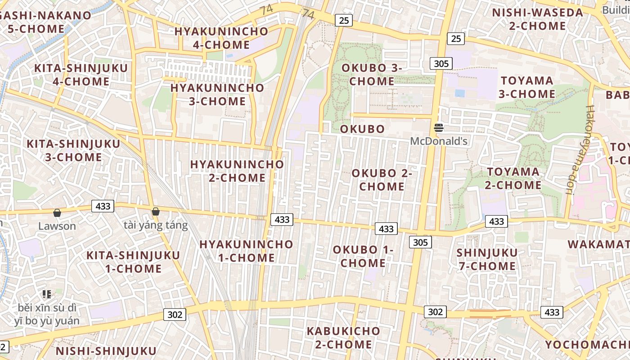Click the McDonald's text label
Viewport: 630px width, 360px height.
click(x=439, y=141)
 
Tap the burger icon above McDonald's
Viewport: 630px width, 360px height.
click(x=439, y=128)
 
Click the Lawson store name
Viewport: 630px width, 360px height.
click(x=57, y=226)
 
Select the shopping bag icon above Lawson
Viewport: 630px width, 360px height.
click(x=57, y=213)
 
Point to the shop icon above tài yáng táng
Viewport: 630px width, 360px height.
click(x=156, y=211)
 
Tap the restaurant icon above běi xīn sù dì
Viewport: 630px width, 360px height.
click(x=46, y=294)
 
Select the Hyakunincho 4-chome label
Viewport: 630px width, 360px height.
click(x=221, y=38)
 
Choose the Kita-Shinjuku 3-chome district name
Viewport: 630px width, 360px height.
click(x=73, y=151)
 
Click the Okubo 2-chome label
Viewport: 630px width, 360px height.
click(x=382, y=180)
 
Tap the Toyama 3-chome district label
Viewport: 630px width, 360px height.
click(x=527, y=87)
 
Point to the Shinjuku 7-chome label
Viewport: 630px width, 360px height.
click(x=487, y=259)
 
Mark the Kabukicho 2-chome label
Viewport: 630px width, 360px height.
click(x=343, y=337)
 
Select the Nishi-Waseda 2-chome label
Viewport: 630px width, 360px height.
click(x=538, y=19)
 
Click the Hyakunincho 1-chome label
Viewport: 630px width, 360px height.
click(x=246, y=251)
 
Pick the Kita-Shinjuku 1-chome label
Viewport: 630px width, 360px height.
click(x=133, y=262)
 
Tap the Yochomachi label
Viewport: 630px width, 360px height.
click(x=587, y=345)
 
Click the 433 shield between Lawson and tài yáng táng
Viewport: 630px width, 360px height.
click(x=103, y=206)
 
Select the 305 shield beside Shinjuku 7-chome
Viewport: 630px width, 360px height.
click(x=420, y=243)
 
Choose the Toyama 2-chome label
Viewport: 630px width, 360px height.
click(x=513, y=178)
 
